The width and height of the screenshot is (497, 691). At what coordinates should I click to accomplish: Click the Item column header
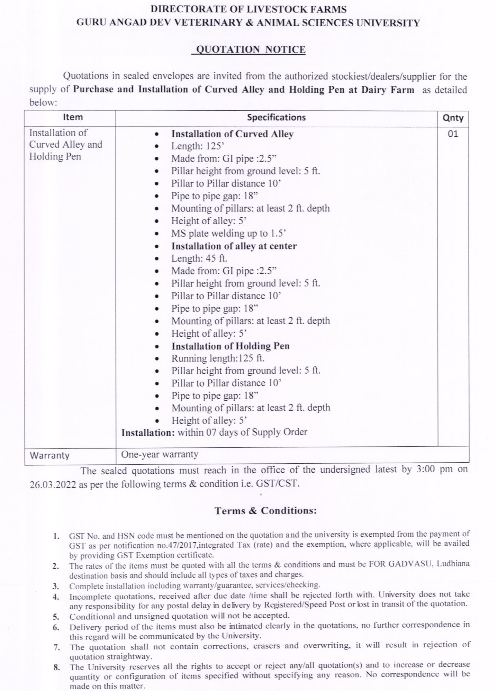(x=73, y=117)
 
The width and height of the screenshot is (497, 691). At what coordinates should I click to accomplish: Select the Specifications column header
(x=276, y=117)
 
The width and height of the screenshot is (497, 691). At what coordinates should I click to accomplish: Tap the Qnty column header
(x=453, y=118)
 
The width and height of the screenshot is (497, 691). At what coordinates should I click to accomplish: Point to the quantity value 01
(x=453, y=134)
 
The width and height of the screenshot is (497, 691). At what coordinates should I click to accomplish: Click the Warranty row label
(x=49, y=455)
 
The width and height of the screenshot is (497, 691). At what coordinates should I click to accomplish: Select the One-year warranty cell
(x=160, y=454)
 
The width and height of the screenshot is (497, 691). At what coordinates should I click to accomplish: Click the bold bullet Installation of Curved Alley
(x=232, y=134)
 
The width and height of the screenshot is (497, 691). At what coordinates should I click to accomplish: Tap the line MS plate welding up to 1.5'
(x=229, y=233)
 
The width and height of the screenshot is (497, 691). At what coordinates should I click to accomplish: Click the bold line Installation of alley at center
(x=234, y=246)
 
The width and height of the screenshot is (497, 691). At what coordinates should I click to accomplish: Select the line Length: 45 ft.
(x=199, y=258)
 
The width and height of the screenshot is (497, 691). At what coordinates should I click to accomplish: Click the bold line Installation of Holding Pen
(x=231, y=346)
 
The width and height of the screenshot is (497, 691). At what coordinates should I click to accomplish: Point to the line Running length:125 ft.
(x=218, y=358)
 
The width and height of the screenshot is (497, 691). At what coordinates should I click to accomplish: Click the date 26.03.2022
(x=53, y=484)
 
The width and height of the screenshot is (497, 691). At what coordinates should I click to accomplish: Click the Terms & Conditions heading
(x=265, y=511)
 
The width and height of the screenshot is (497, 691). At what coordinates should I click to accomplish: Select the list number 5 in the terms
(x=56, y=616)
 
